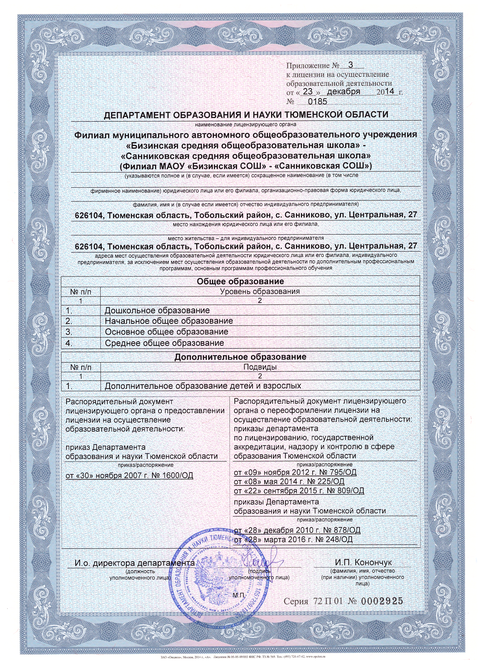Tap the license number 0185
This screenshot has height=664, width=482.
click(318, 101)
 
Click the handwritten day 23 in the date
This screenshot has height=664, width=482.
click(308, 92)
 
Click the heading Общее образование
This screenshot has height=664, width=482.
click(240, 281)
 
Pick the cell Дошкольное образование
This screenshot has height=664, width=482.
click(157, 311)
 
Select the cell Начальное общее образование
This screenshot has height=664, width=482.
click(169, 321)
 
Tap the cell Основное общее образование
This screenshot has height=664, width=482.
click(166, 332)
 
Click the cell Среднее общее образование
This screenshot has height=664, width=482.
click(164, 343)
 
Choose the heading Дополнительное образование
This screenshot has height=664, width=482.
click(240, 357)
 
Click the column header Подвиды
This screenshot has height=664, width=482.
click(260, 367)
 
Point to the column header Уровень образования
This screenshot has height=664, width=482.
click(260, 291)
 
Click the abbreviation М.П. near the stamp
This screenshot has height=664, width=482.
click(239, 595)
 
